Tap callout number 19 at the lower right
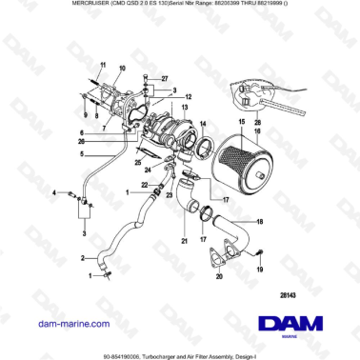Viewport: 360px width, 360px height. (x=257, y=270)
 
